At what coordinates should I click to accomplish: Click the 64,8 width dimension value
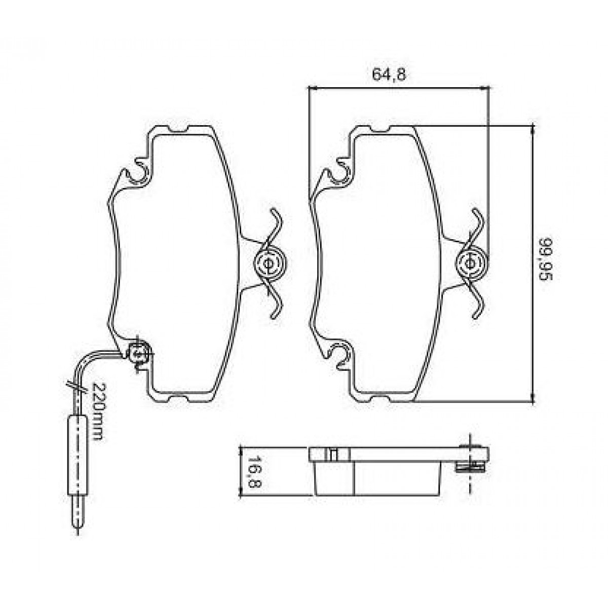(x=389, y=74)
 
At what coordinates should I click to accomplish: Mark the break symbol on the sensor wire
(x=76, y=386)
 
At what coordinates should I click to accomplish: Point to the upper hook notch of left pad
(x=138, y=170)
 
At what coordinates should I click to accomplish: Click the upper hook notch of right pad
(x=339, y=170)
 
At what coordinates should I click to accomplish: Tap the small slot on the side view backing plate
(x=332, y=454)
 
